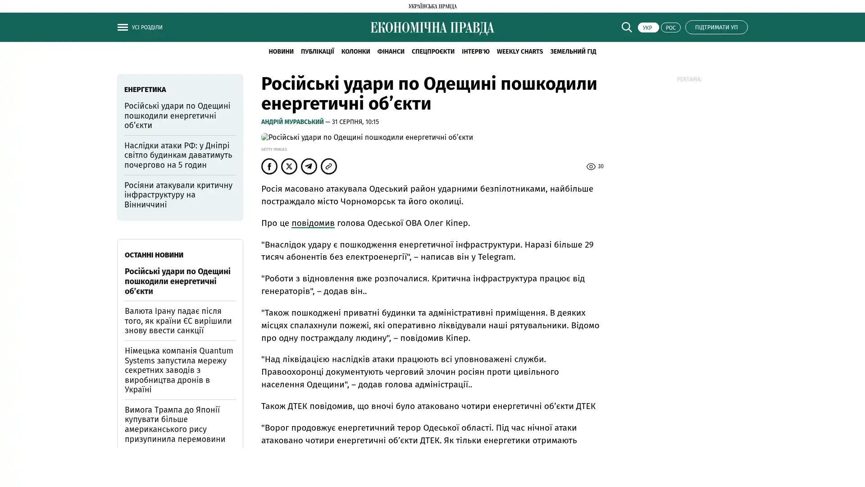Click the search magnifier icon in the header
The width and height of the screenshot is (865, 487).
coord(626,27)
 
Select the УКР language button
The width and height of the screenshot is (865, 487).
coord(648,28)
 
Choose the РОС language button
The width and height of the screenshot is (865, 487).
coord(670,28)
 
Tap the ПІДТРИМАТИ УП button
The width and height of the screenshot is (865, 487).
coord(716,27)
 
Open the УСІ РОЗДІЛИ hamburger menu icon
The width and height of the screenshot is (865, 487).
coord(123,27)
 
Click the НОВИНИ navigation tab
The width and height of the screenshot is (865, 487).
coord(281,51)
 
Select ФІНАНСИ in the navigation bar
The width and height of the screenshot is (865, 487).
coord(391,51)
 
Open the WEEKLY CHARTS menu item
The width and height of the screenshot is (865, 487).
coord(519,51)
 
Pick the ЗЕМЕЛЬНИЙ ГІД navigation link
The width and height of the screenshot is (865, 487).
coord(573,51)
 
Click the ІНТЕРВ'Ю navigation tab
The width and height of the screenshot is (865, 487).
coord(475,51)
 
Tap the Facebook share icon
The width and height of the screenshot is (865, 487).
coord(269,166)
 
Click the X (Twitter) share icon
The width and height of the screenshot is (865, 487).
coord(289,166)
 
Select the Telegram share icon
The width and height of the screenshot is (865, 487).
coord(309,166)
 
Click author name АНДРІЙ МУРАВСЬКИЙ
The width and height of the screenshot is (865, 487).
coord(292,122)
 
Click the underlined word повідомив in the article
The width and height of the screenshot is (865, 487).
coord(313,223)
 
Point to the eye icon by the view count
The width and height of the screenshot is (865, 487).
coord(591,167)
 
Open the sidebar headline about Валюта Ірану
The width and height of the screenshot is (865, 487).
coord(178,321)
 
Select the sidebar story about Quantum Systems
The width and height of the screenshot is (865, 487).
coord(179,370)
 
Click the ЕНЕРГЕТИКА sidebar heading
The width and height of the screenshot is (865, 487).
coord(145,90)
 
